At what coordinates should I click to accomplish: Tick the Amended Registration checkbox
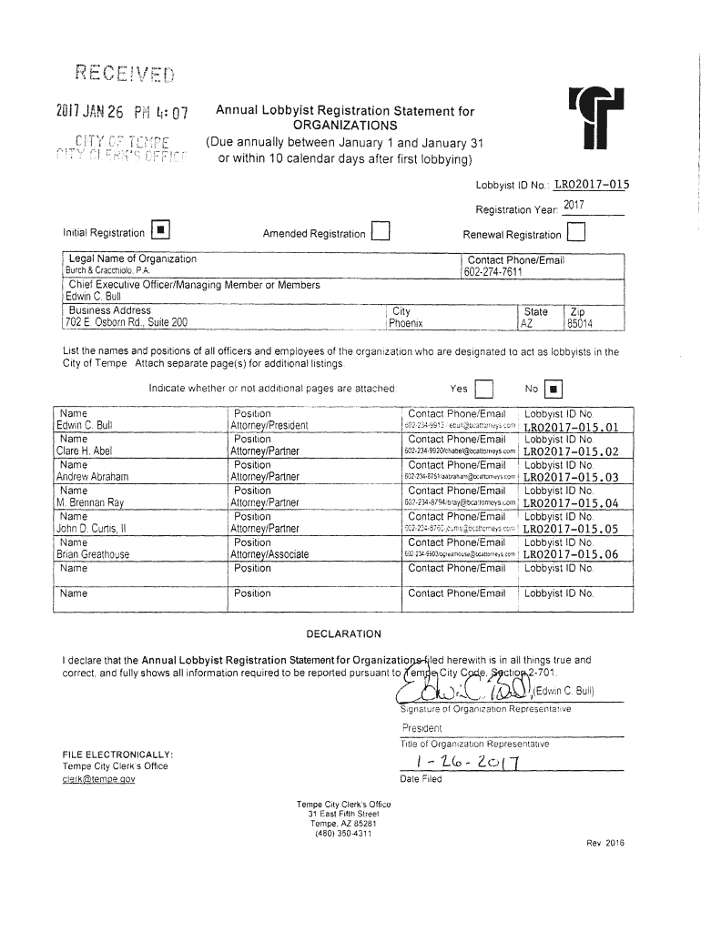(381, 234)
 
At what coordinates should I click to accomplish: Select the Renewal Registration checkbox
(575, 234)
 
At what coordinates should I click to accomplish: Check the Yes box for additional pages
(483, 388)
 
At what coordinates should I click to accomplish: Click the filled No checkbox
(554, 388)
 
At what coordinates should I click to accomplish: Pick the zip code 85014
(580, 323)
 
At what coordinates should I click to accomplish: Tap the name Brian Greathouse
(93, 554)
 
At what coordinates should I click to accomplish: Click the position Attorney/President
(269, 425)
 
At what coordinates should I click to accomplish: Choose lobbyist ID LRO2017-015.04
(571, 502)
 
